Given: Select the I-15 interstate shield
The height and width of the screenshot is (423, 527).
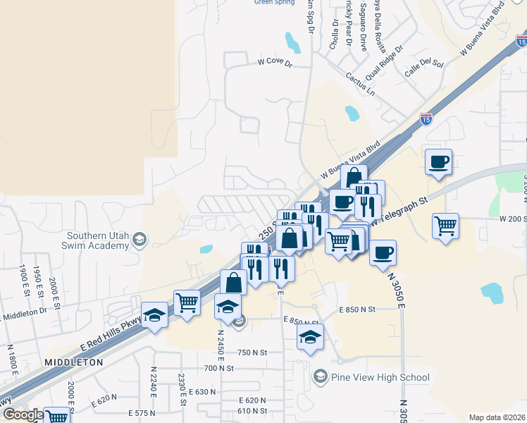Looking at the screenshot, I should click(426, 120).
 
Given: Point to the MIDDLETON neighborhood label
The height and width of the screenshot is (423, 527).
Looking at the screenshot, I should click(73, 362).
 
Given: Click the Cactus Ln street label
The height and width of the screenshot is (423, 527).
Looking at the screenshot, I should click(360, 85).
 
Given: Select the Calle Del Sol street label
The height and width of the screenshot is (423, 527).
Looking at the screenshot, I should click(422, 68).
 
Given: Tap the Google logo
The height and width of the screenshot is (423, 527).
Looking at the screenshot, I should click(23, 415).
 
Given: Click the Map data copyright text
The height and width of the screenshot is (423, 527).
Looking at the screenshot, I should click(496, 417).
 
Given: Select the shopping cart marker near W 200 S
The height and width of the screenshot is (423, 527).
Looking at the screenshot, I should click(445, 227).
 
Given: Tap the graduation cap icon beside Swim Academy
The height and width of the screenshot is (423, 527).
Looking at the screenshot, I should click(139, 240).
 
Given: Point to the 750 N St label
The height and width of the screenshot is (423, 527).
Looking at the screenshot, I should click(253, 352).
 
